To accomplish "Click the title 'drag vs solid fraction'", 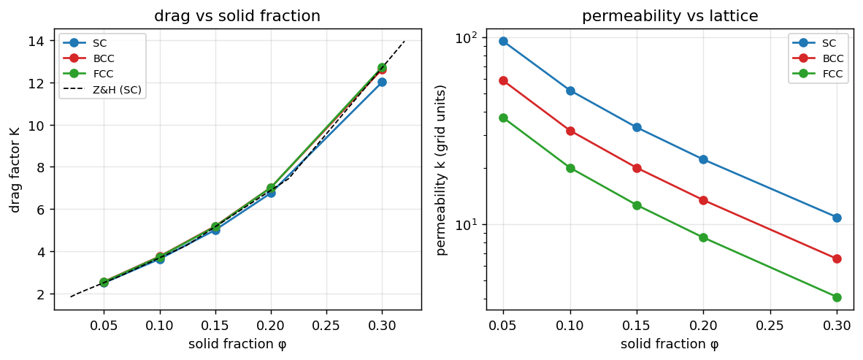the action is tap(238, 16).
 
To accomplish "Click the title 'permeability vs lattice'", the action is tap(670, 17).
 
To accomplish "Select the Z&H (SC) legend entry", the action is tap(104, 91).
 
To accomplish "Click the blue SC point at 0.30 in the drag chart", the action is tap(382, 82).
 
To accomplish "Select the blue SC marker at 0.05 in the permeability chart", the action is tap(503, 42).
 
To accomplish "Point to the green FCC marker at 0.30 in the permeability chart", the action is tap(837, 297).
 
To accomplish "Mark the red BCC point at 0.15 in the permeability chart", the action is tap(637, 168).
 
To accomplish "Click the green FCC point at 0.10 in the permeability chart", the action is tap(570, 168).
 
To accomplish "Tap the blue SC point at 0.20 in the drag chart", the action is tap(271, 193).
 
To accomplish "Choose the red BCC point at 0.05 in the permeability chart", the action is tap(503, 81).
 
